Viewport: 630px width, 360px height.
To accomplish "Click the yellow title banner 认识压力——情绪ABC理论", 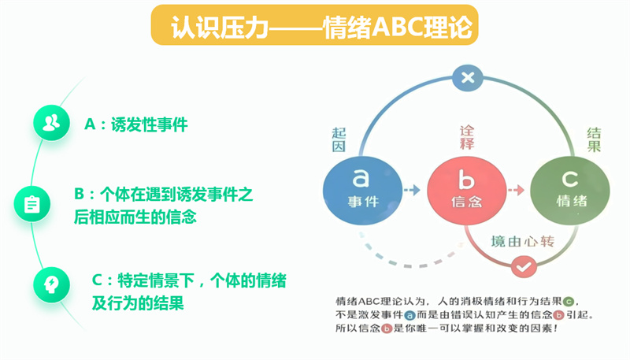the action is pos(314,25).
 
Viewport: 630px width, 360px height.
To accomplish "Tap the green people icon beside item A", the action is pos(51,123).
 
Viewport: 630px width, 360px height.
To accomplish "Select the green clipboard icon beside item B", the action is pos(32,204).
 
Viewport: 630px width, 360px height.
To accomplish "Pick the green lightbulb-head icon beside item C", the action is pos(51,285).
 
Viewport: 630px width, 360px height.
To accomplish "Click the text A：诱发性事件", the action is pos(135,124).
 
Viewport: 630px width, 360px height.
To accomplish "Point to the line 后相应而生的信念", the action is pos(135,217).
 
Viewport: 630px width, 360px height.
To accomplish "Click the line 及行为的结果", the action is pos(138,303).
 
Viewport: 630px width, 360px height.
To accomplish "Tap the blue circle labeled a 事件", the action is pos(362,190).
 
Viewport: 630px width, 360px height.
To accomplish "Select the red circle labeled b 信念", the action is pos(466,190).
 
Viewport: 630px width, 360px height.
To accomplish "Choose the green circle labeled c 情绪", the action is pos(570,190).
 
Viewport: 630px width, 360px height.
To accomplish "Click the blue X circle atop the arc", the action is pos(468,77).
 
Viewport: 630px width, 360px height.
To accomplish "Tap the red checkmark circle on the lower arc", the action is pos(524,267).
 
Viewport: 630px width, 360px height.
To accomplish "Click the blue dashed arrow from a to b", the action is pos(412,190).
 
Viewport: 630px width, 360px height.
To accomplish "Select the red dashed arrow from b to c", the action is pos(516,190).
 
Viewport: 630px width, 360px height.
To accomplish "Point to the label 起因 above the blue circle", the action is pos(339,139).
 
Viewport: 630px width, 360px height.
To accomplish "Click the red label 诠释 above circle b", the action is pos(467,137).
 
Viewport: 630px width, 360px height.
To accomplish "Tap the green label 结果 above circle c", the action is pos(594,139).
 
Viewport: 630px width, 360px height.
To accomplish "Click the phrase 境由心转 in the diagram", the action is pos(523,242).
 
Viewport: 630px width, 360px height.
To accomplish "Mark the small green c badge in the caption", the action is pos(569,302).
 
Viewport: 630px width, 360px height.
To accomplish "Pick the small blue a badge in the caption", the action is pos(409,315).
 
